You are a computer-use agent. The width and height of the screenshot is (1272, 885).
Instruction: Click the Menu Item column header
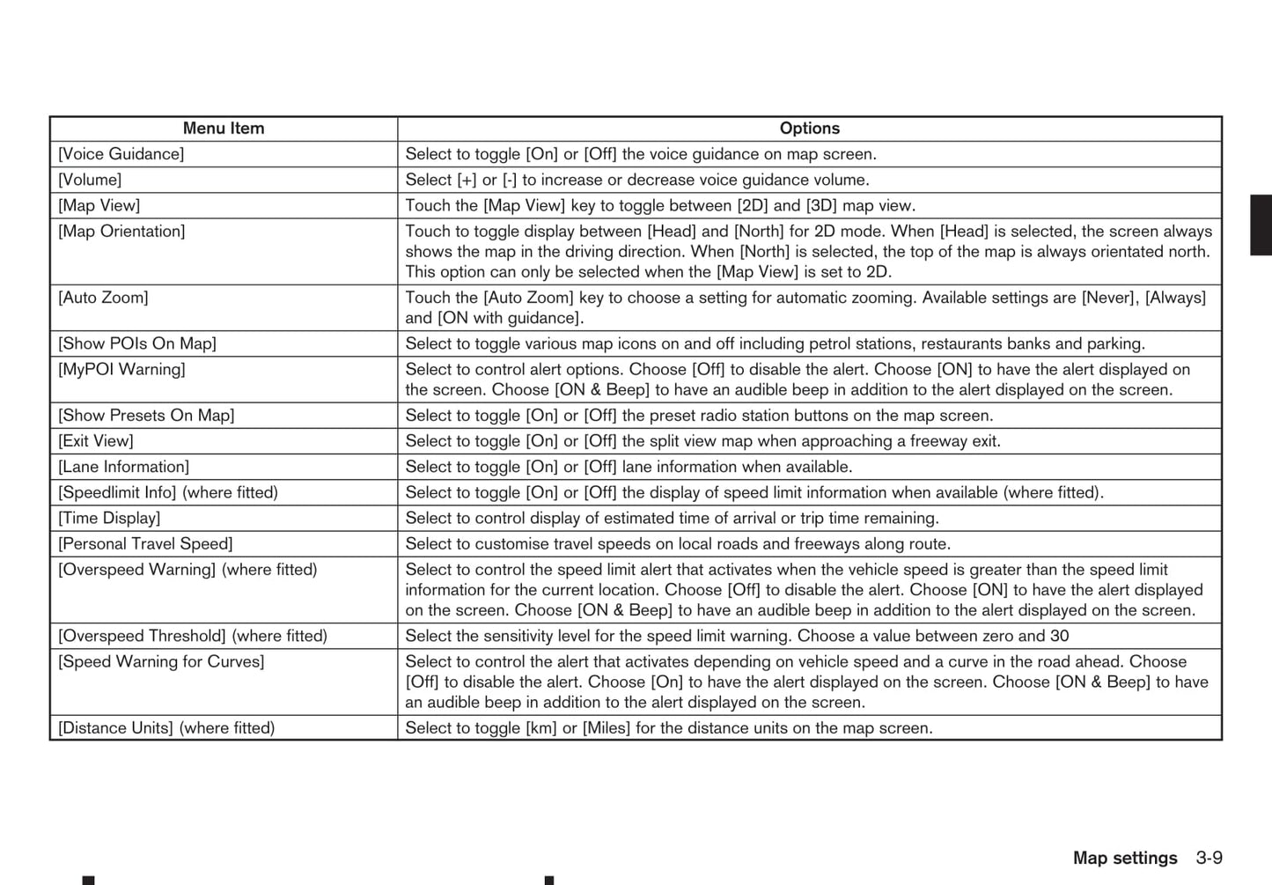tap(224, 129)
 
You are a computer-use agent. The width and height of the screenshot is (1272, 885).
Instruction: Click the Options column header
tap(809, 129)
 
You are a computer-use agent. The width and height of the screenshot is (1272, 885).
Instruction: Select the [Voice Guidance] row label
tap(121, 154)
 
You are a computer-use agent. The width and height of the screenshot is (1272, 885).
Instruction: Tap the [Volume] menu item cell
tap(90, 180)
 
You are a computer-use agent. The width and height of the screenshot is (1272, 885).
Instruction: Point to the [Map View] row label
tap(99, 205)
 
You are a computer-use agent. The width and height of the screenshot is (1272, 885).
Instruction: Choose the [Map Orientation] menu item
tap(122, 232)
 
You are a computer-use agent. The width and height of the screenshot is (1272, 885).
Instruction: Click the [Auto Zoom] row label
tap(104, 298)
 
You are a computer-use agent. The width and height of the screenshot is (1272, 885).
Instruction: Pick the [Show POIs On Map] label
tap(137, 343)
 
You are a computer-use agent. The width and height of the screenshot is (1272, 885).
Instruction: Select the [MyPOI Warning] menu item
tap(122, 370)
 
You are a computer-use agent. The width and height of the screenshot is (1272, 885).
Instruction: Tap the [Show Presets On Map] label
tap(147, 416)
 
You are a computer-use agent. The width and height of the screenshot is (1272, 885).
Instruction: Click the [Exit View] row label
tap(96, 441)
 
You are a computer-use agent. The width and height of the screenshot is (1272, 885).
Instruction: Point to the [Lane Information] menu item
tap(124, 467)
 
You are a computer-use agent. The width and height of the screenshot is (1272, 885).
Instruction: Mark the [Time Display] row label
tap(110, 518)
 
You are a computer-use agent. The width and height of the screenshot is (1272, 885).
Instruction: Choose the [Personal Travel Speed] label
tap(146, 544)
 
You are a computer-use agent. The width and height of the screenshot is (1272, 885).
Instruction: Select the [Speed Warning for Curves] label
tap(161, 661)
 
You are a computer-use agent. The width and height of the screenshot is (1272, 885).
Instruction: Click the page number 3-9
tap(1209, 858)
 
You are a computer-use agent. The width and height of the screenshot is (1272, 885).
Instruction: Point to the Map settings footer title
tap(1124, 858)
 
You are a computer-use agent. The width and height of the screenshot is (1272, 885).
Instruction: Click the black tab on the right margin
tap(1261, 225)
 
